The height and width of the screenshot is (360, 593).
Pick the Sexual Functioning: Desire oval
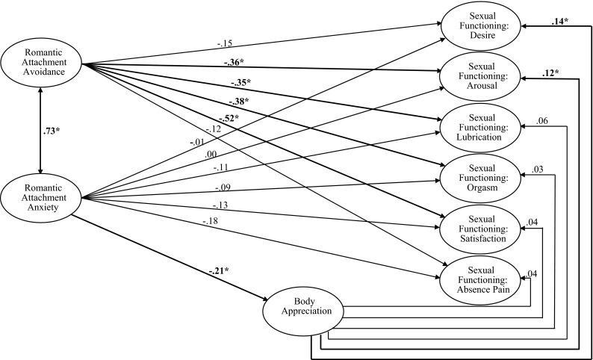click(480, 24)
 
